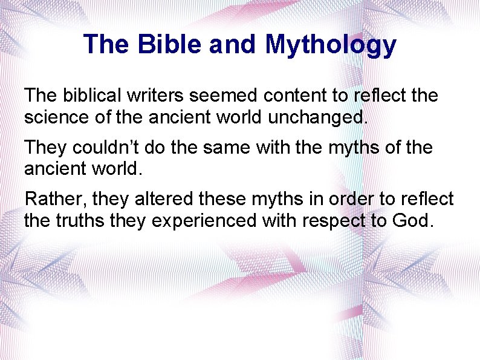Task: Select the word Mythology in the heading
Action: (x=331, y=45)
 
